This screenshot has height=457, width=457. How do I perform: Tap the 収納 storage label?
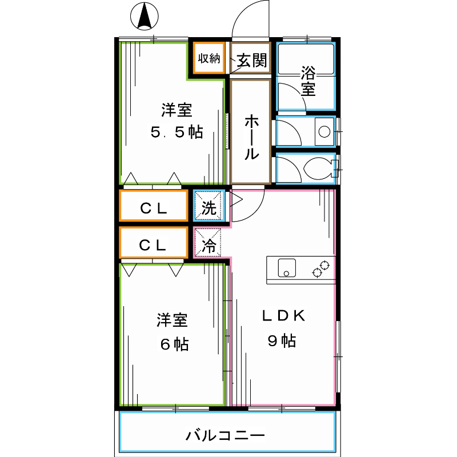(x=209, y=58)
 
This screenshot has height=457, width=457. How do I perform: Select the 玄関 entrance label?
(x=251, y=61)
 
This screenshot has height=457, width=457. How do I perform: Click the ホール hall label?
(x=251, y=137)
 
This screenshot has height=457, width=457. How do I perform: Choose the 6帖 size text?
(x=173, y=344)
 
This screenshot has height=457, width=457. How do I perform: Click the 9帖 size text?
(x=282, y=342)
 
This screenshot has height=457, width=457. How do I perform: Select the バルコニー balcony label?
(x=225, y=436)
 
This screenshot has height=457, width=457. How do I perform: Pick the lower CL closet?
(x=154, y=245)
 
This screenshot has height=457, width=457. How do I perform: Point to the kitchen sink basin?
(x=286, y=267)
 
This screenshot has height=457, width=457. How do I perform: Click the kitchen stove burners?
(x=322, y=268)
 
